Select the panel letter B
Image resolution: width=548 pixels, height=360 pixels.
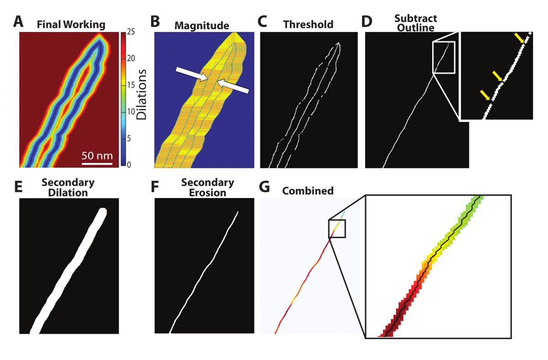point(156,21)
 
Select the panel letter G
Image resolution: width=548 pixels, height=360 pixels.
point(263,188)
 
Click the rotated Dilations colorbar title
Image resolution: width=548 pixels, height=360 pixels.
point(143,94)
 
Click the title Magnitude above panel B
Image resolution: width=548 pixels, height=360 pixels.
point(201,26)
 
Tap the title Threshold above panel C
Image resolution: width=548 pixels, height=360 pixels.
point(308,24)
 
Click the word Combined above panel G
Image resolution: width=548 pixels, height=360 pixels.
point(308,190)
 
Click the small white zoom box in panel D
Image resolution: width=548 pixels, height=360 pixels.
point(444,57)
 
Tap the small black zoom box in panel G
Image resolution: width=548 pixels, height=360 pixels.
point(337,228)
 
